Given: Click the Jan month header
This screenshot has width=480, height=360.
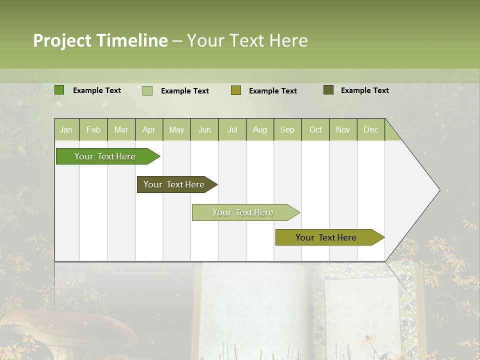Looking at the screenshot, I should (x=66, y=129).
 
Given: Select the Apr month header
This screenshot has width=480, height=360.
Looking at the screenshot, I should (x=149, y=129).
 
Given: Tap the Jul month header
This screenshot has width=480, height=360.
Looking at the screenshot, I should (x=232, y=129).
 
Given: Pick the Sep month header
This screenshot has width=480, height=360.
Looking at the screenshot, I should (x=287, y=129).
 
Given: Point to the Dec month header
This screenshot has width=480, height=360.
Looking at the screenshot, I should (x=370, y=129).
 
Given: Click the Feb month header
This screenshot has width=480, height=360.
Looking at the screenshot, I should (x=93, y=129).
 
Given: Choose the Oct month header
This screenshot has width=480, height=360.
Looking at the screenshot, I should (x=315, y=129).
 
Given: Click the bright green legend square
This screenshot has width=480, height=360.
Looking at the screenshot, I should (x=59, y=90).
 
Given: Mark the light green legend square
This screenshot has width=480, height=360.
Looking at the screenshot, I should (x=147, y=90).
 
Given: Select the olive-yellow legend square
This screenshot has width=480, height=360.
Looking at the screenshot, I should (x=235, y=90).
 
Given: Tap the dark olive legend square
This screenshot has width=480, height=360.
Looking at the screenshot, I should (x=328, y=90).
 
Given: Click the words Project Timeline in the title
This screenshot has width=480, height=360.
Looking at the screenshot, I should (x=100, y=40).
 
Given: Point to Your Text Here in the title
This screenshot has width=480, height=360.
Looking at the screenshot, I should (x=247, y=40).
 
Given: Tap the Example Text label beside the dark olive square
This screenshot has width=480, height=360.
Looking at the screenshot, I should (x=364, y=90).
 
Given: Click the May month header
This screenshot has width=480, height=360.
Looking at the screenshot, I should (x=176, y=129).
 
